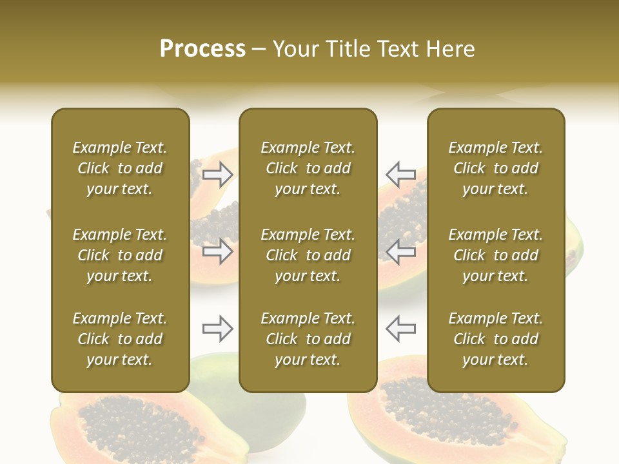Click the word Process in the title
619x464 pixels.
[x=202, y=49]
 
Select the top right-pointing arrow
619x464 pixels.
[x=218, y=174]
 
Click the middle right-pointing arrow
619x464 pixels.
[x=218, y=251]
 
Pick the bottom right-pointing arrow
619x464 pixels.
[x=218, y=329]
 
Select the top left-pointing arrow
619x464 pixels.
[x=400, y=174]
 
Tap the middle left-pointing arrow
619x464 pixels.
[x=400, y=251]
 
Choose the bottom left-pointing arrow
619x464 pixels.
[x=400, y=329]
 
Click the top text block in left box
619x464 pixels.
[x=120, y=168]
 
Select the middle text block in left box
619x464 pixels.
[x=120, y=255]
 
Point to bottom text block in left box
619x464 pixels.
[x=120, y=339]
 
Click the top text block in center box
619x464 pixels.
[x=308, y=168]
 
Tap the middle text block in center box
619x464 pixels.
[x=308, y=255]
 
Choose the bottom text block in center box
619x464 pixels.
[x=308, y=339]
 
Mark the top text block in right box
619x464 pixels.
[x=496, y=168]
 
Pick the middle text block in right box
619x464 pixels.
[x=496, y=255]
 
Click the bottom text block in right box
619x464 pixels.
[x=496, y=339]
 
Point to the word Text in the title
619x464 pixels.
[x=397, y=49]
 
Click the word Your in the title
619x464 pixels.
[x=295, y=49]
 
